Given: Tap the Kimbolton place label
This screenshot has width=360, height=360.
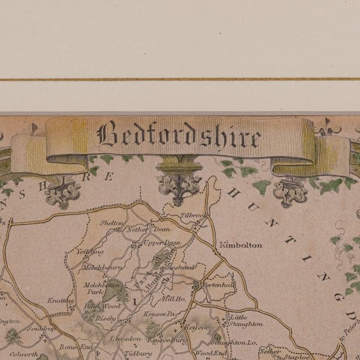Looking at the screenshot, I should [x=241, y=245].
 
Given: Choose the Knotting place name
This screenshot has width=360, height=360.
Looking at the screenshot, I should [x=61, y=301].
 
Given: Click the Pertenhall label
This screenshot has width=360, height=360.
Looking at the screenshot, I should [x=217, y=284].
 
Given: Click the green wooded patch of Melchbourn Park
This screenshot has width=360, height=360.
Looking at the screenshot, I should [x=113, y=290].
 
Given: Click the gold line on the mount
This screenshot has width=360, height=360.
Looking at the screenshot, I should [x=180, y=79].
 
